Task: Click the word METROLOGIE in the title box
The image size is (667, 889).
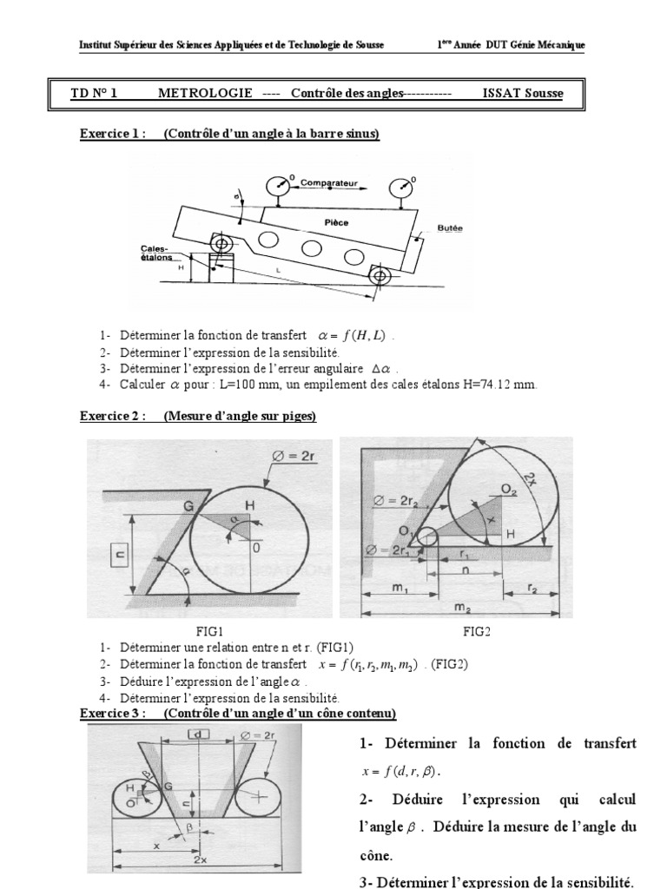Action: pos(205,93)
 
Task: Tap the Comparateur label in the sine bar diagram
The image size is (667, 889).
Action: pos(326,184)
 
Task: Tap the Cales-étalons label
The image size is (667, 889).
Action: pos(160,253)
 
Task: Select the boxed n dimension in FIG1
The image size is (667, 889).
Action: pos(118,553)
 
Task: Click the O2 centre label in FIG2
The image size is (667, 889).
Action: pos(508,491)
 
